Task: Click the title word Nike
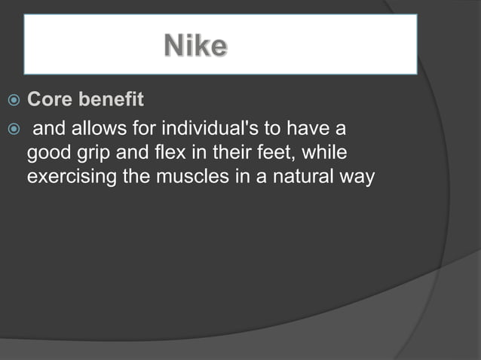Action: tap(195, 47)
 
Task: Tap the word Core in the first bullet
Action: tap(50, 99)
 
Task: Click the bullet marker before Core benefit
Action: tap(11, 100)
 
